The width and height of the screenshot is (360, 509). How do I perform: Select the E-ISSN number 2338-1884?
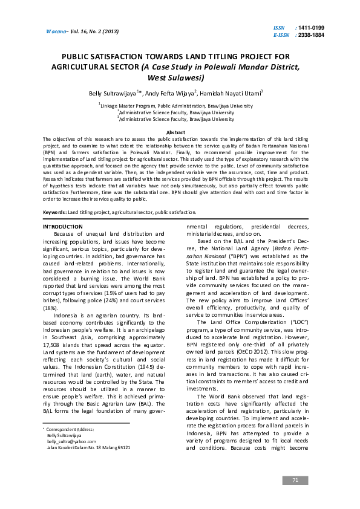point(310,35)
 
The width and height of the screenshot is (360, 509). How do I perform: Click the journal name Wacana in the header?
point(57,31)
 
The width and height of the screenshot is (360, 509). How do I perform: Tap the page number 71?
point(295,480)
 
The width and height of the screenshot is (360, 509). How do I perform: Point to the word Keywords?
point(54,212)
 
